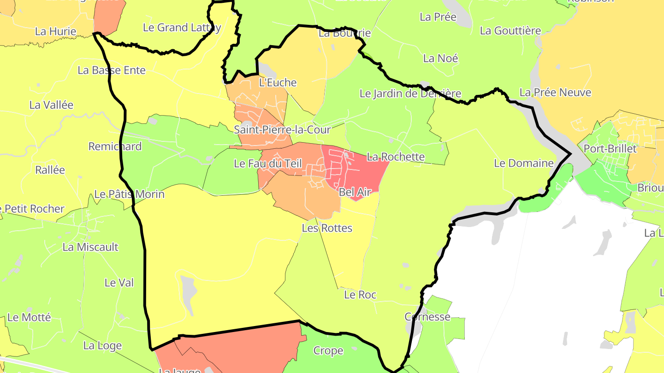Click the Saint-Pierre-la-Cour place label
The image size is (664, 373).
point(282,130)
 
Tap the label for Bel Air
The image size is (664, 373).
point(355,192)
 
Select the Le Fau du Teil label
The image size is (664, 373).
point(268,163)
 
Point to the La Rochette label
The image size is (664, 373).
point(396,157)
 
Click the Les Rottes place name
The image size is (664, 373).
point(327,228)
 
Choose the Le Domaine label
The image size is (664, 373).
point(523,163)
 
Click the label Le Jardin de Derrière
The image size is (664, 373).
point(410,93)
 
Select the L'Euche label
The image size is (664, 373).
point(278,83)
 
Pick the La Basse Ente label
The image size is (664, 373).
point(112,70)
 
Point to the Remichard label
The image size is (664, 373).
point(115,146)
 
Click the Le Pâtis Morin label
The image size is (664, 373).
point(129,194)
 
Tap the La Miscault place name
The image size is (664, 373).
point(90,247)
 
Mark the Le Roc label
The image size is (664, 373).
point(360,295)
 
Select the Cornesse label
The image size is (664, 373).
point(427,317)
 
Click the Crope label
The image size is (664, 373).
point(328,351)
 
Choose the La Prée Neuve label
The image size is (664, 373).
point(555,93)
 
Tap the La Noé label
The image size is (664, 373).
point(440,58)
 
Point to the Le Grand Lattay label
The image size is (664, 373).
point(182,28)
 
